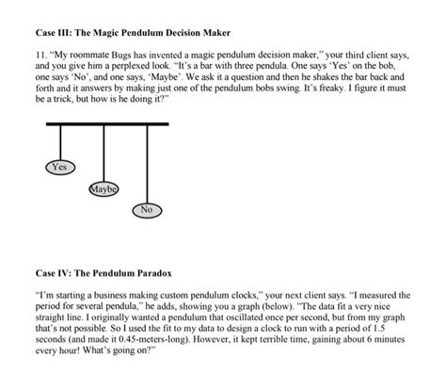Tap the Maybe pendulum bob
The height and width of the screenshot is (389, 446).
pos(103,189)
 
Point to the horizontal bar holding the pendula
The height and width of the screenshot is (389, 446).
pos(106,123)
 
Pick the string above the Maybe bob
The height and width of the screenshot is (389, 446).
pos(103,153)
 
